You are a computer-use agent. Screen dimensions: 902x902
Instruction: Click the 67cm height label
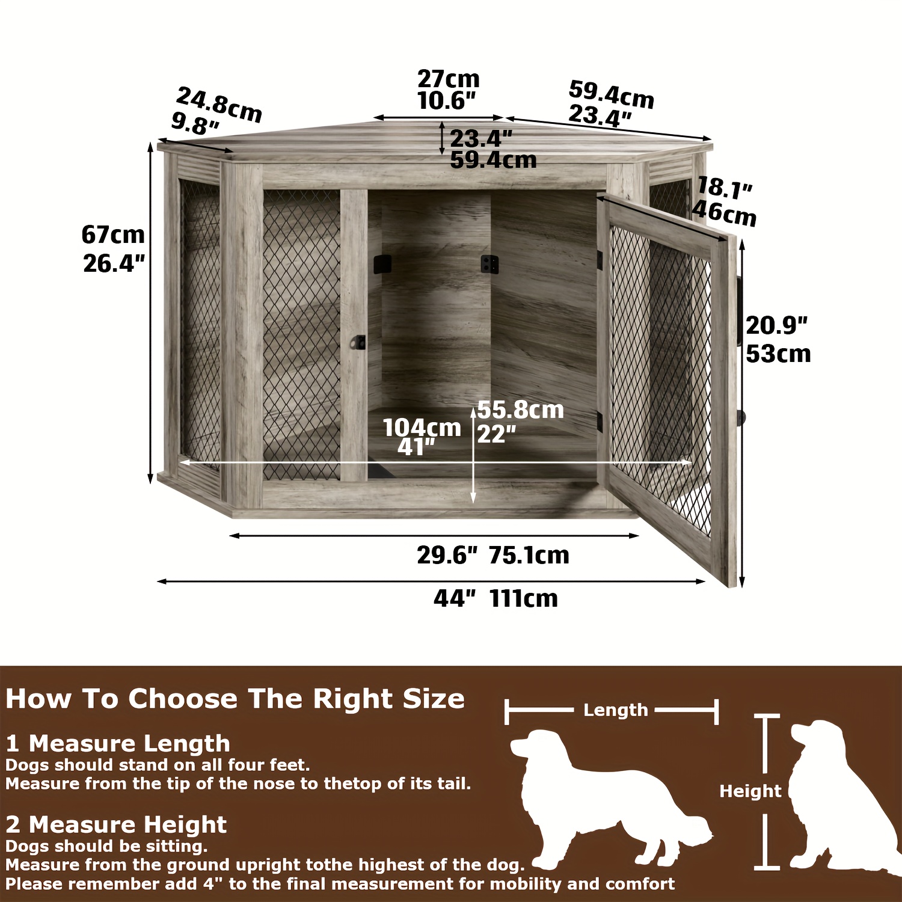(113, 235)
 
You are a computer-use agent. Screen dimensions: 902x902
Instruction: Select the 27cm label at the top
(449, 79)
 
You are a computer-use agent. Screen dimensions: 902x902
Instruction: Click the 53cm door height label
(779, 354)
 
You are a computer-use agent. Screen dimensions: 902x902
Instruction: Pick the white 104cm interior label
(422, 428)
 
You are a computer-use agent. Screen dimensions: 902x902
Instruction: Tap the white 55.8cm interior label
(521, 410)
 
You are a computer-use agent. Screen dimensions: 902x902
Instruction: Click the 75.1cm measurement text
(529, 555)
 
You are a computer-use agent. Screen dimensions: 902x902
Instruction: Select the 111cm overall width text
(524, 598)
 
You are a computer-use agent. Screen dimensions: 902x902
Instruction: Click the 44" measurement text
(455, 598)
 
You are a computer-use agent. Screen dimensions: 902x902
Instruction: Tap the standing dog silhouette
(610, 797)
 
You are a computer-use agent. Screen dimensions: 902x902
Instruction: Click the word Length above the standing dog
(616, 710)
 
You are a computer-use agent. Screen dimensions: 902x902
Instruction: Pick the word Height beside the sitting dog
(750, 791)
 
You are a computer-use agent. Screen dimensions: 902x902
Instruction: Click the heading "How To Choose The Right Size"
(235, 699)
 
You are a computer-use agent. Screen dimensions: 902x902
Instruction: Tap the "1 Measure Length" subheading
(118, 744)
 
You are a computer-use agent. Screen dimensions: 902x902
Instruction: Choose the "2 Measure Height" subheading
(116, 824)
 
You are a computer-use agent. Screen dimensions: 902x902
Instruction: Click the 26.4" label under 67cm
(114, 263)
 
